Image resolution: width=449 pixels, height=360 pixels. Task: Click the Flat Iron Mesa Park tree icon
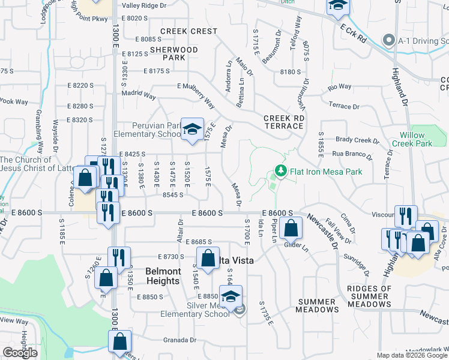[280, 172]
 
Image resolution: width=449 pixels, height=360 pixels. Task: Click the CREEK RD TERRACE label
[283, 122]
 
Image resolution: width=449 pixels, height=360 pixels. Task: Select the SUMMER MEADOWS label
[316, 306]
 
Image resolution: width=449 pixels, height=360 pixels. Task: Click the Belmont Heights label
[163, 276]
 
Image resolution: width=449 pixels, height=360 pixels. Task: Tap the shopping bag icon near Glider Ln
[291, 229]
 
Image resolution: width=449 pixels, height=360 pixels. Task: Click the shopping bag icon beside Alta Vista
[208, 259]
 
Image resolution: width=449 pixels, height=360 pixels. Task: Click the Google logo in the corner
[20, 352]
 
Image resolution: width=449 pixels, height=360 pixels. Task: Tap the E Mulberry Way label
[196, 94]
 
